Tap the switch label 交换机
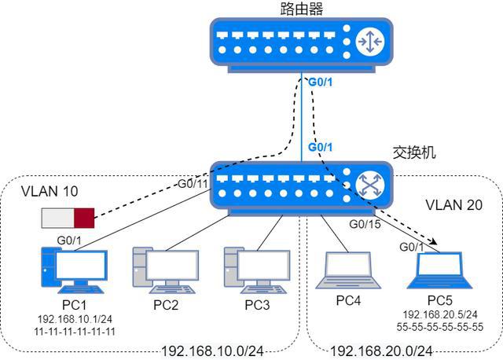coord(413,152)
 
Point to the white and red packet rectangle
coord(68,216)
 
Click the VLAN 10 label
coord(50,191)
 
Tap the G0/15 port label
coord(365,226)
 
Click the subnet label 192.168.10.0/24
coord(212,351)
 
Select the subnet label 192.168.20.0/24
coord(381,351)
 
